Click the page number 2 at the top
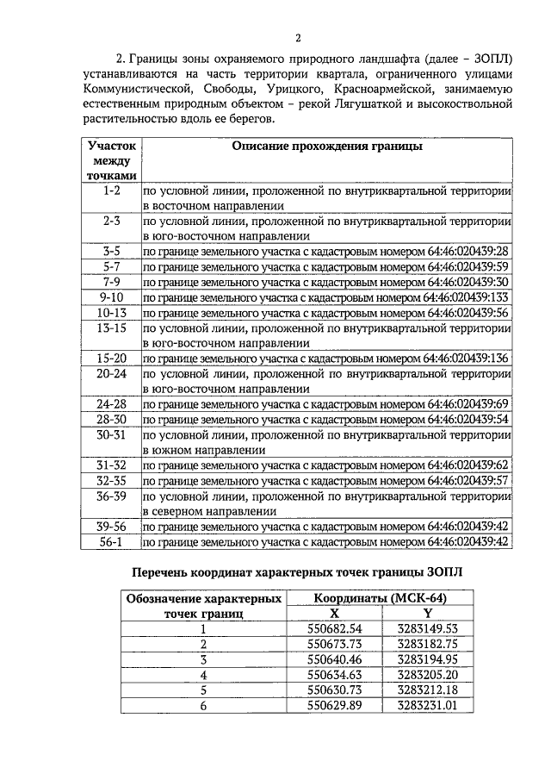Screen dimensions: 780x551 297,37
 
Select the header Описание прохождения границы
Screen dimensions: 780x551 327,147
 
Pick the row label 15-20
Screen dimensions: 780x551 111,358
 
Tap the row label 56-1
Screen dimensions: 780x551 111,541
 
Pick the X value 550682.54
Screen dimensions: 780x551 335,628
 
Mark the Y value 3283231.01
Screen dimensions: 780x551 426,705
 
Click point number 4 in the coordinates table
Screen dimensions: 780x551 204,674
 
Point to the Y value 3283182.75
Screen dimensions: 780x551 426,644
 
